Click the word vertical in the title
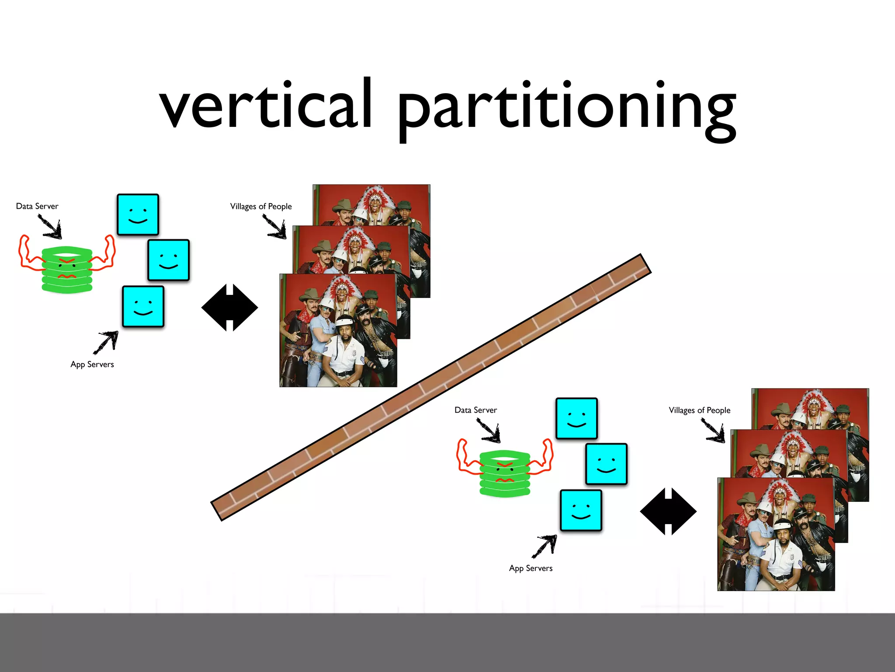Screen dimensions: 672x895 [266, 105]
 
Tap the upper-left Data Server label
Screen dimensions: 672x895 [37, 206]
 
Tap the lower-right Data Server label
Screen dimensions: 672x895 [475, 410]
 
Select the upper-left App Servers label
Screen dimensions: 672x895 [92, 364]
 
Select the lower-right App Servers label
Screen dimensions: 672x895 [531, 568]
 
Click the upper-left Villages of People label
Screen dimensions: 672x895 [261, 206]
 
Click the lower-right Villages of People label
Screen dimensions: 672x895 [699, 410]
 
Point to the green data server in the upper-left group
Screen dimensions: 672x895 [67, 269]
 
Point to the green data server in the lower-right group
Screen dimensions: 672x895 [505, 473]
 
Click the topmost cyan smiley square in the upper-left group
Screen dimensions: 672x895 [138, 215]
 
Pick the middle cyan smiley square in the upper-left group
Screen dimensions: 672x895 [169, 260]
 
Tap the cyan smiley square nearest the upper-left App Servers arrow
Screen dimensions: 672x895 [143, 307]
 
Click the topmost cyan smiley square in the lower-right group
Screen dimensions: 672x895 [576, 418]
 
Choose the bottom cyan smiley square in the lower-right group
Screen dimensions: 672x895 [581, 510]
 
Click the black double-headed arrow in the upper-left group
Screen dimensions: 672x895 [229, 308]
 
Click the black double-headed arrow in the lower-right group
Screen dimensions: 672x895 [668, 511]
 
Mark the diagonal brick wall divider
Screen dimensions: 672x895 [431, 387]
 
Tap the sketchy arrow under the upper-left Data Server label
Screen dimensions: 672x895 [51, 227]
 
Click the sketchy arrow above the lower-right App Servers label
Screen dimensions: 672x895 [545, 546]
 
